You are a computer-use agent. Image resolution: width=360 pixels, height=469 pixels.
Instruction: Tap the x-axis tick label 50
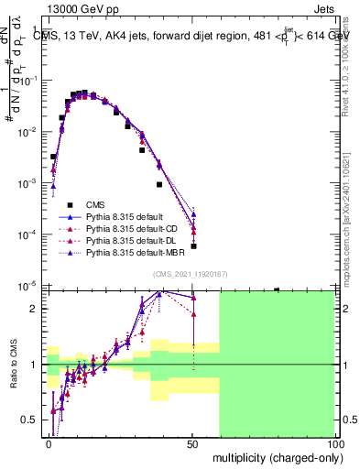click(x=192, y=444)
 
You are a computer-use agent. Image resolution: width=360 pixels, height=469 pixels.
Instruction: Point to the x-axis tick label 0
click(x=49, y=444)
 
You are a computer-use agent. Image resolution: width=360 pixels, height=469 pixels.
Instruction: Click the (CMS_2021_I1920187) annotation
click(x=191, y=274)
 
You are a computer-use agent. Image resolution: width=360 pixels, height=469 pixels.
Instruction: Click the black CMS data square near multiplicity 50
click(x=193, y=245)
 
